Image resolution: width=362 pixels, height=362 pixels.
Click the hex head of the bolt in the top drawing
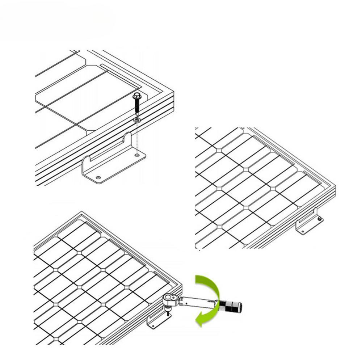pyautogui.click(x=137, y=96)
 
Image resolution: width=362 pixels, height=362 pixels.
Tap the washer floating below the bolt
pyautogui.click(x=137, y=119)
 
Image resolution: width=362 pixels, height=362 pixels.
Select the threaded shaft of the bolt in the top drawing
pyautogui.click(x=137, y=108)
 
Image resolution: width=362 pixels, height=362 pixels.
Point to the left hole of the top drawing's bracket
pyautogui.click(x=98, y=178)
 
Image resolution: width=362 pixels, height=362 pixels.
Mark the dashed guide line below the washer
pyautogui.click(x=137, y=138)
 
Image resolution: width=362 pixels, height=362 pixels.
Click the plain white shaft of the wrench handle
pyautogui.click(x=197, y=301)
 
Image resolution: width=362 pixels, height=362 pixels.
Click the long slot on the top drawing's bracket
pyautogui.click(x=112, y=152)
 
